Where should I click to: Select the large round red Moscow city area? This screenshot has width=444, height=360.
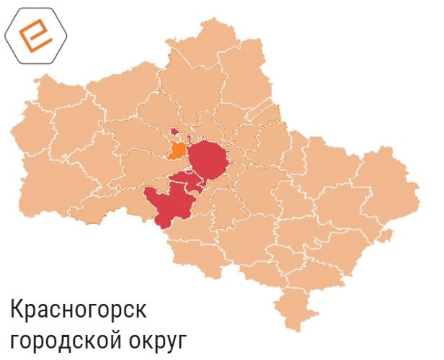coord(208,160)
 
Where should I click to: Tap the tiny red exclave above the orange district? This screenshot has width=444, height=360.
coord(174,132)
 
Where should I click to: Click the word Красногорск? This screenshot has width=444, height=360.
coord(79,312)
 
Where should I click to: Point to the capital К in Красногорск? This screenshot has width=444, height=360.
coord(17,310)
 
